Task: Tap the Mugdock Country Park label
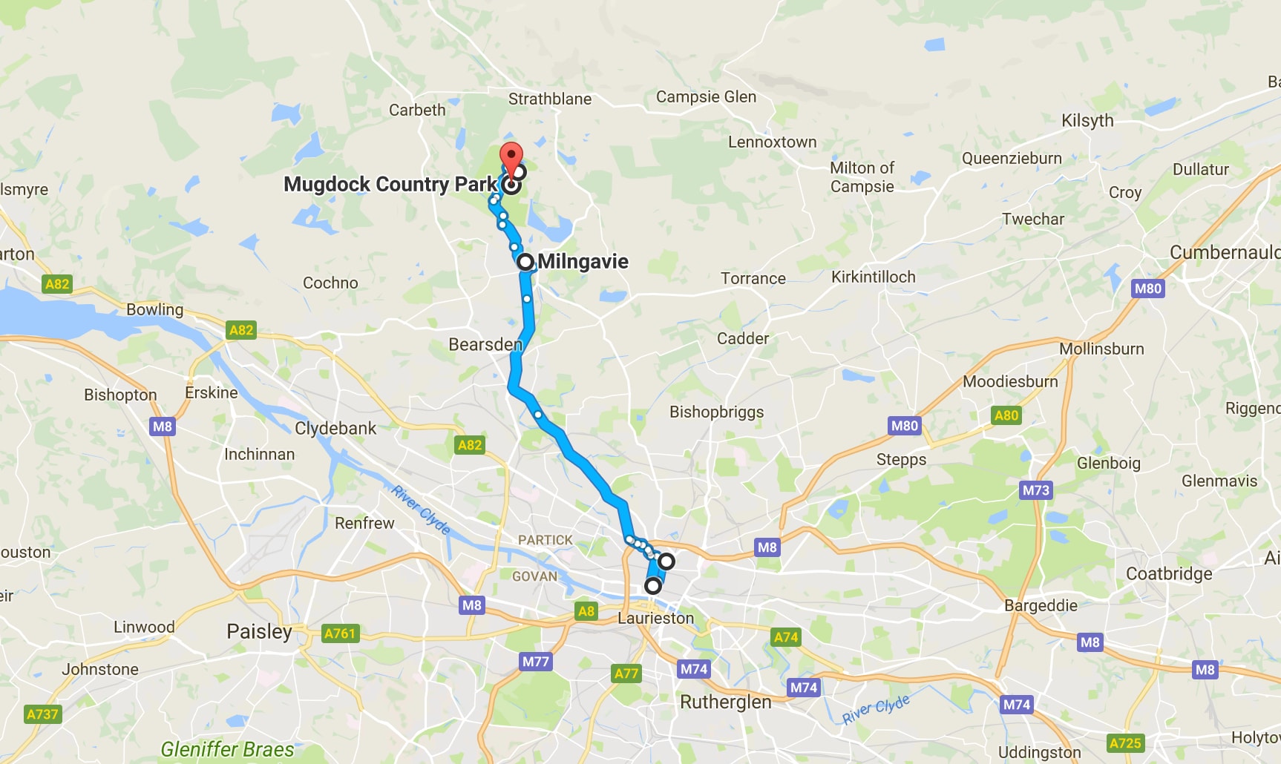click(390, 184)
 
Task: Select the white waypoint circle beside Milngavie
click(525, 262)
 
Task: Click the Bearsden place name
click(485, 344)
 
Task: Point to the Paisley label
click(259, 631)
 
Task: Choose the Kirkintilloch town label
click(873, 277)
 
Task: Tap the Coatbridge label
click(1169, 573)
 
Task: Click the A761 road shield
click(340, 633)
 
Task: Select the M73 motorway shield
click(1035, 490)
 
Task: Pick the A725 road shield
click(1124, 742)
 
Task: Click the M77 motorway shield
click(535, 662)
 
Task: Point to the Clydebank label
click(335, 428)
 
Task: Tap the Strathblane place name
click(550, 99)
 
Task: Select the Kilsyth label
click(1087, 120)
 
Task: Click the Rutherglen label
click(725, 702)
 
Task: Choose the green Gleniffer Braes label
click(227, 749)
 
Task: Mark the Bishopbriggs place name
click(716, 412)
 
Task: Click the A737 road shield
click(42, 714)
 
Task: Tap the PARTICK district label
click(545, 540)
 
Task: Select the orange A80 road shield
click(1006, 415)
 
